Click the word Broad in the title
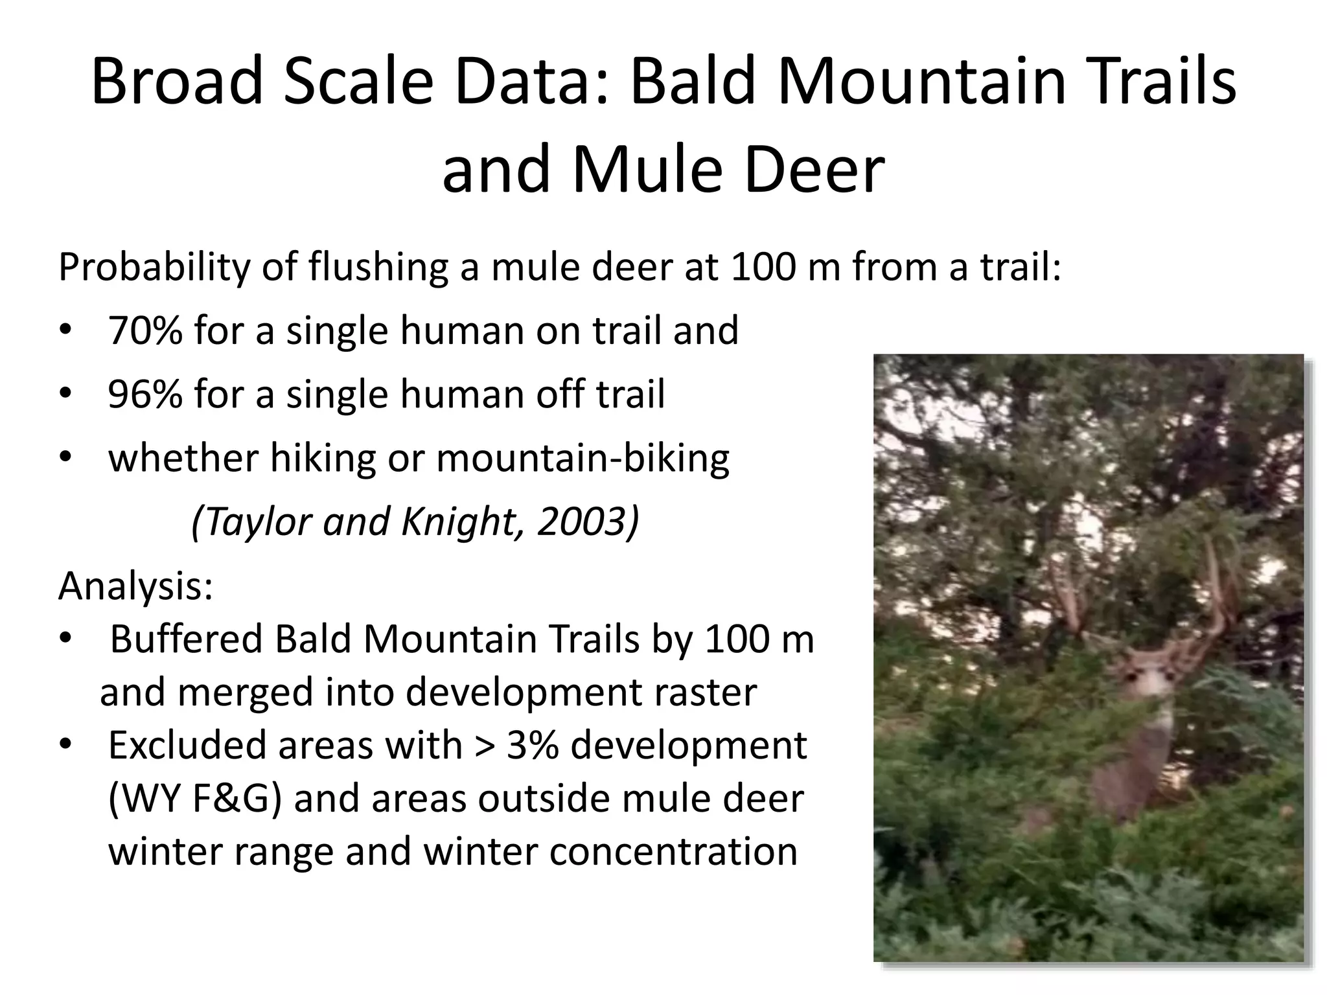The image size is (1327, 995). click(176, 82)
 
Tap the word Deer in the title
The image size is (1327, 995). click(814, 170)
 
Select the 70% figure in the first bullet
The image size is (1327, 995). click(145, 330)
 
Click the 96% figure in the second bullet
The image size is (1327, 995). click(145, 394)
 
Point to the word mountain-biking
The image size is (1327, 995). click(583, 459)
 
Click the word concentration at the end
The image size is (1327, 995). click(673, 851)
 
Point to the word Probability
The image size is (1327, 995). click(154, 268)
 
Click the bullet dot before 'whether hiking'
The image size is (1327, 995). click(65, 457)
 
